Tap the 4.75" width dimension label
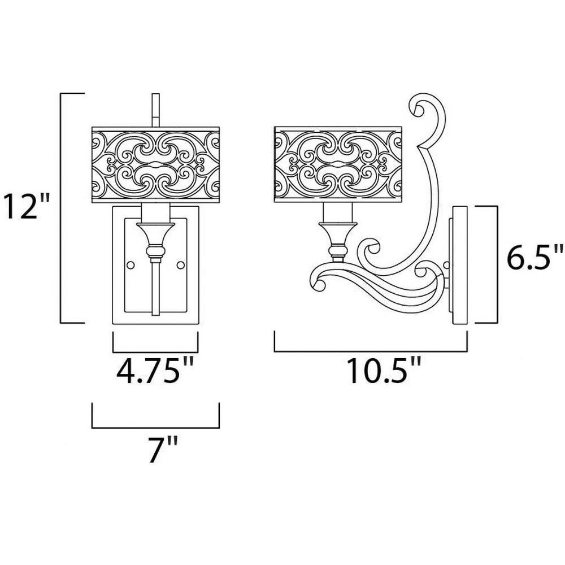tap(155, 370)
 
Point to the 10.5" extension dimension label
tap(384, 370)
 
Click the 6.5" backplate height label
tap(534, 256)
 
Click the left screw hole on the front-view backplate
tap(131, 265)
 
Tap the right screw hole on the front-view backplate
tap(181, 265)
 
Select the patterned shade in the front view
tap(156, 164)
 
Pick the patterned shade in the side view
tap(338, 164)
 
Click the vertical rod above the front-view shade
tap(156, 110)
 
